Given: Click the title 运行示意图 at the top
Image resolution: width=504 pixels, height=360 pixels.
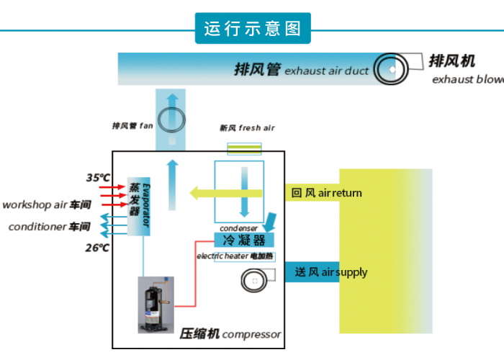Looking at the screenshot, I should point(252,30).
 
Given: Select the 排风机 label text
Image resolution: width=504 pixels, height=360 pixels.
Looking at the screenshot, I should point(451,61).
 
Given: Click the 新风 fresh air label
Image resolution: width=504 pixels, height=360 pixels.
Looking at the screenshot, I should point(247,128).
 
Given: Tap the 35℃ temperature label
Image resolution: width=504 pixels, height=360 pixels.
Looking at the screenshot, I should point(98,177).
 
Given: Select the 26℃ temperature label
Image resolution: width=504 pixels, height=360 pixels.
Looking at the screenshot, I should point(98,248).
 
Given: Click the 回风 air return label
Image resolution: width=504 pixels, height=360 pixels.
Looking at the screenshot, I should point(326,193).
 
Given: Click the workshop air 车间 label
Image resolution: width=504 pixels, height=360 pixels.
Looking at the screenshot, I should point(46,204).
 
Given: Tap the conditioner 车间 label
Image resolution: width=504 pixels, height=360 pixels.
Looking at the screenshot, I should point(49,227).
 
